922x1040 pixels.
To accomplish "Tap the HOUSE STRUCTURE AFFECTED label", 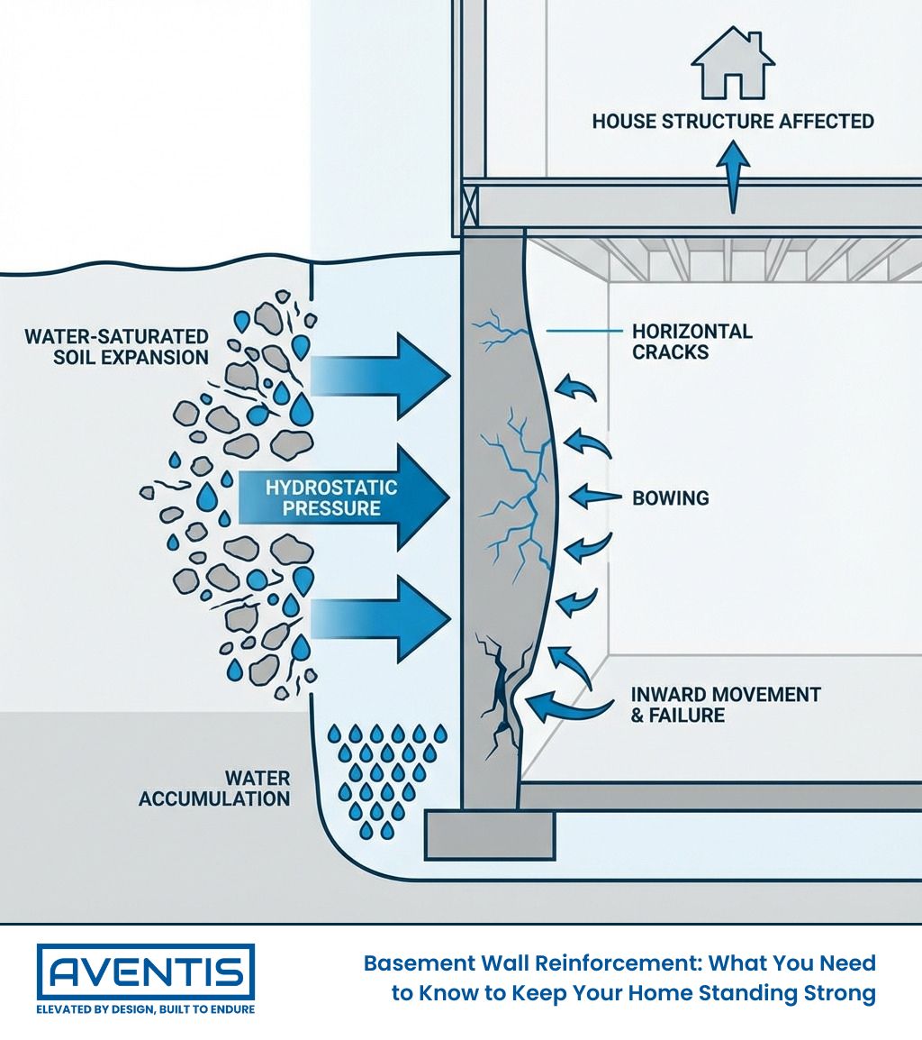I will click(733, 121).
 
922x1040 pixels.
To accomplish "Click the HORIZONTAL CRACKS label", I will click(691, 342).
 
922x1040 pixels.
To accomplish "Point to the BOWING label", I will click(670, 497).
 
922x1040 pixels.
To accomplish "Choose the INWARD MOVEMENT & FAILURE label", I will click(725, 705).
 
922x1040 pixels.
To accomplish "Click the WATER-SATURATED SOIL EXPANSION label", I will click(116, 347).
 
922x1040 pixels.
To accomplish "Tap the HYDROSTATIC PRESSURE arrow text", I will click(330, 497).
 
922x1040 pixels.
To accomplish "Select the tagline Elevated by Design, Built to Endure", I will click(145, 1010).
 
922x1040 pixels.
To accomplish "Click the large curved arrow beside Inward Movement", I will click(562, 702).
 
